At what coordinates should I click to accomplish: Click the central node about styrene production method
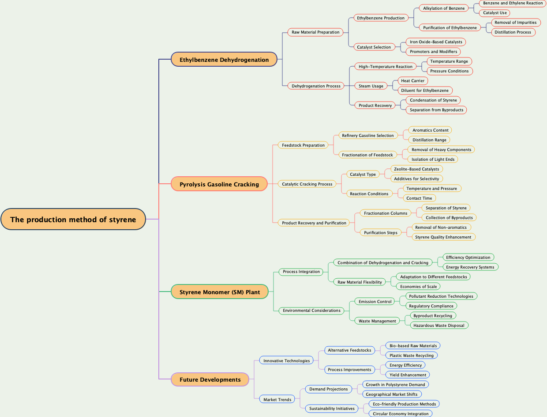click(73, 220)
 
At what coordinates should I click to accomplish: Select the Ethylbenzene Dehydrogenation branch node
click(224, 60)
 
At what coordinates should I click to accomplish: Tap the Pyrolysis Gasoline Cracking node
click(219, 184)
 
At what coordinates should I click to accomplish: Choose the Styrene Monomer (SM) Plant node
click(220, 292)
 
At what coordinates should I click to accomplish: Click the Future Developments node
click(210, 379)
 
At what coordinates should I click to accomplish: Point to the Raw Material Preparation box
click(315, 32)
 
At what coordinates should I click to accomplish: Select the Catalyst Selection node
click(374, 47)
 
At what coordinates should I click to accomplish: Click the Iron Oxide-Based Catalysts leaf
click(436, 42)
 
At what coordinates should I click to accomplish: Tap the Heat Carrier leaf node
click(412, 81)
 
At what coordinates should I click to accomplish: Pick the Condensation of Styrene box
click(433, 100)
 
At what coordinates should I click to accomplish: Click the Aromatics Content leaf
click(430, 130)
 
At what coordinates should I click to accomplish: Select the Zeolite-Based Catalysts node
click(416, 169)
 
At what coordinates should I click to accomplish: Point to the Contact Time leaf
click(419, 198)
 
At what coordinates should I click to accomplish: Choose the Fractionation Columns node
click(386, 213)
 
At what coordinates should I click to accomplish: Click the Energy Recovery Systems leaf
click(470, 267)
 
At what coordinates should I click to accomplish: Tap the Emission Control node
click(375, 302)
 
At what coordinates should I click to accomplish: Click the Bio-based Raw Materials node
click(413, 346)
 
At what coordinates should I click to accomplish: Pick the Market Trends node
click(277, 400)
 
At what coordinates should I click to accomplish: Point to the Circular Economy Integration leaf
click(401, 414)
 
